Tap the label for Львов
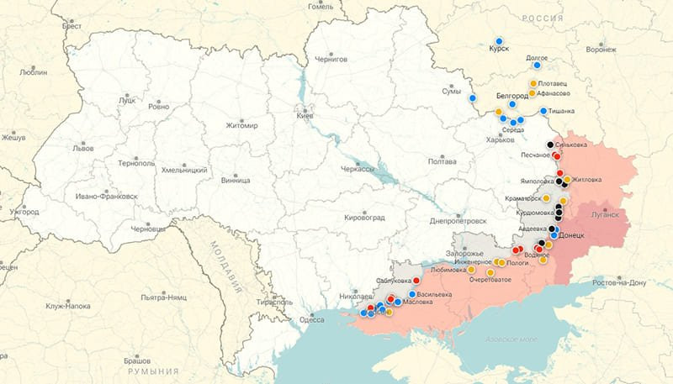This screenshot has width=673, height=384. pyautogui.click(x=83, y=147)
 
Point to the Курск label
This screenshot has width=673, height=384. pyautogui.click(x=499, y=50)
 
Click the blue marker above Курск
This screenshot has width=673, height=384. pyautogui.click(x=500, y=40)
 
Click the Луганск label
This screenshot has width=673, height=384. pyautogui.click(x=605, y=214)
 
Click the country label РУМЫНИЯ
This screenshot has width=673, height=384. pyautogui.click(x=152, y=371)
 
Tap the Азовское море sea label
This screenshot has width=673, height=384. pyautogui.click(x=511, y=339)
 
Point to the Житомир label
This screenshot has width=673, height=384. pyautogui.click(x=241, y=126)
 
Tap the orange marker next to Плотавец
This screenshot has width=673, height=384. pyautogui.click(x=533, y=83)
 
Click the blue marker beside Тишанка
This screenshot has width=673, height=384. pyautogui.click(x=543, y=111)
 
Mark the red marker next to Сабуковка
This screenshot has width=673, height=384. pyautogui.click(x=416, y=281)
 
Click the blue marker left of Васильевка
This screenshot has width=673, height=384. pyautogui.click(x=412, y=294)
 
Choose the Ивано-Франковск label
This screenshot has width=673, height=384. pyautogui.click(x=106, y=196)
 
